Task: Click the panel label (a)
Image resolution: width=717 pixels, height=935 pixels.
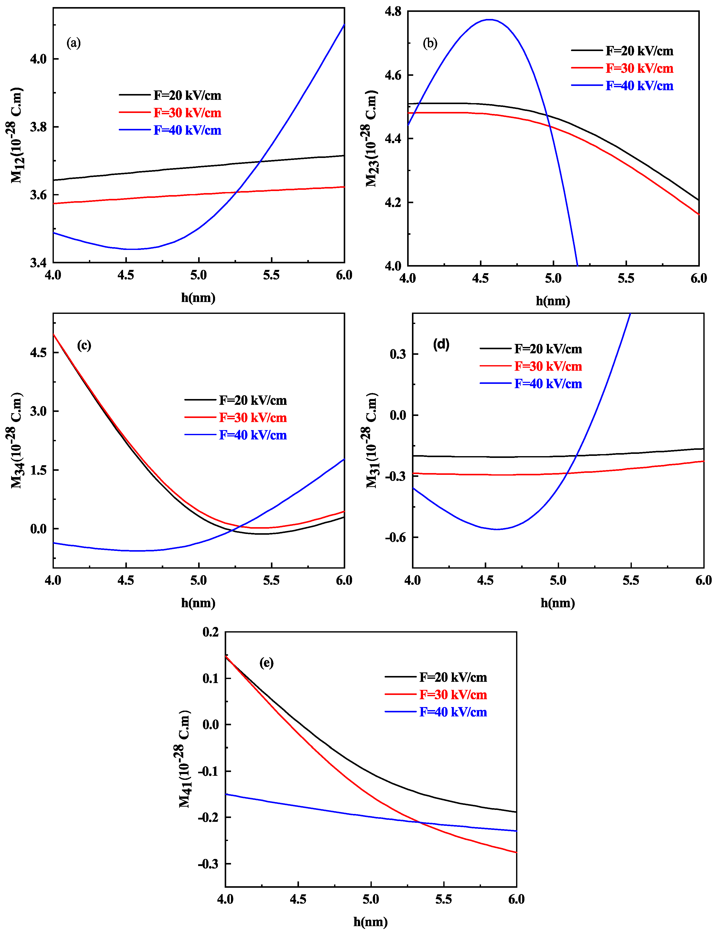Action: (73, 43)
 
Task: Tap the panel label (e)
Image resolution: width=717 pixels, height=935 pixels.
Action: (266, 663)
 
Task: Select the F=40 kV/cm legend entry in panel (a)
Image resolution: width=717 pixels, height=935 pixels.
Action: (187, 130)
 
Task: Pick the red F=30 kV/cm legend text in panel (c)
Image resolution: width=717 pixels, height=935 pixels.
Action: (253, 417)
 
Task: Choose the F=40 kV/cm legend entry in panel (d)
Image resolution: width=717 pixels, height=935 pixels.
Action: (548, 384)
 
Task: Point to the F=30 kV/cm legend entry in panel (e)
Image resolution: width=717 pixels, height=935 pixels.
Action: (453, 695)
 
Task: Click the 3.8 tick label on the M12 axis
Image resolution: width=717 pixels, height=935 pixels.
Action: (38, 127)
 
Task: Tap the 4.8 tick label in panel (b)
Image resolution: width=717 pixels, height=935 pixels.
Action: (393, 12)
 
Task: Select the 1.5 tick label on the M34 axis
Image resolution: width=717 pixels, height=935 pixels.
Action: (38, 470)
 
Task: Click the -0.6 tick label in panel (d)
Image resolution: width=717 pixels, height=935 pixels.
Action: (395, 537)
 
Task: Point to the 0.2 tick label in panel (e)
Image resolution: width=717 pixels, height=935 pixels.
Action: (211, 632)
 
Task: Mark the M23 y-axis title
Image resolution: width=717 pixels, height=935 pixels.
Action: (371, 139)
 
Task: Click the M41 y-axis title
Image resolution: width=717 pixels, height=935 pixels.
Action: (184, 759)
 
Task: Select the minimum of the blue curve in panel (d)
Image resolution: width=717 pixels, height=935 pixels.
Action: (497, 529)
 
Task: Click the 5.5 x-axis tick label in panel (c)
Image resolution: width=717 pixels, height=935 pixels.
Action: (271, 581)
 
